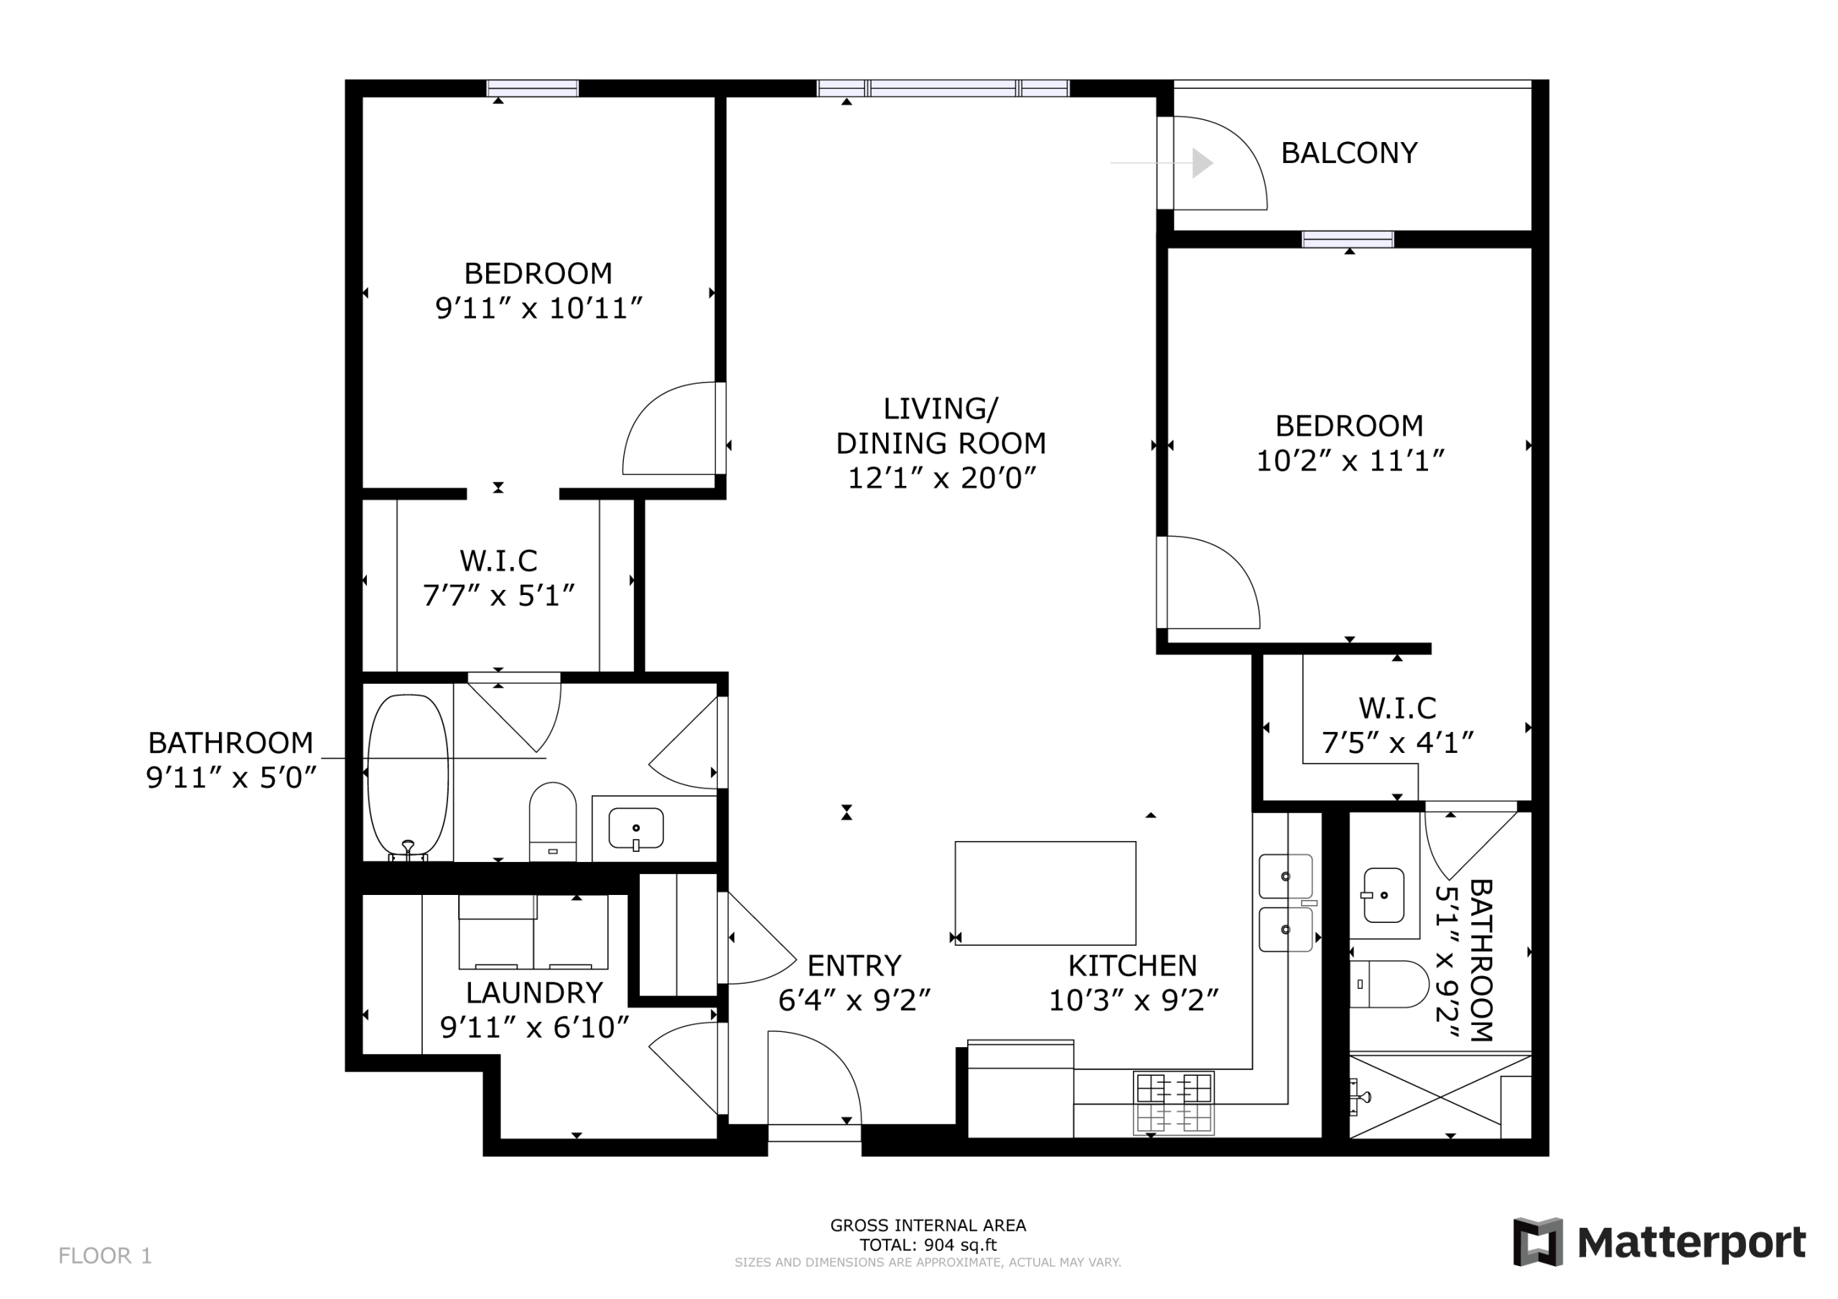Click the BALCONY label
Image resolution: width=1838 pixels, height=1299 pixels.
[x=1349, y=153]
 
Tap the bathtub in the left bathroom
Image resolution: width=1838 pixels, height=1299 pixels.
[x=408, y=777]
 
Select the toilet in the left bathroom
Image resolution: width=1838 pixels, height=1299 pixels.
[x=552, y=821]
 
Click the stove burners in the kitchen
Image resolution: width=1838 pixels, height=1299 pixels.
[x=1174, y=1103]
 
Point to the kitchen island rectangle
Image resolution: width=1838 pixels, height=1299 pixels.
[x=1045, y=894]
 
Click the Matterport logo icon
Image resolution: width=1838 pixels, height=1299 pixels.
[x=1537, y=1242]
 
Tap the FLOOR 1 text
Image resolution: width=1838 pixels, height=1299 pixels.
[x=105, y=1256]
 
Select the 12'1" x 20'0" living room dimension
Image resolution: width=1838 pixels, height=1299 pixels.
[x=941, y=478]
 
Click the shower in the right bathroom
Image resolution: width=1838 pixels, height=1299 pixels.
[x=1440, y=1096]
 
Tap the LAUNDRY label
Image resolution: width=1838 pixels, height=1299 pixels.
[x=534, y=993]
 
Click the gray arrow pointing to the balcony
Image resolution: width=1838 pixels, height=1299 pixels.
[x=1162, y=162]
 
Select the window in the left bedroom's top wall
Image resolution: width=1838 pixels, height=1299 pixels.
[x=532, y=88]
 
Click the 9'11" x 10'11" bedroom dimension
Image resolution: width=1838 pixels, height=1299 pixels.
[x=538, y=308]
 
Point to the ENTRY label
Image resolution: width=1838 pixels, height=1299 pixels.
[x=854, y=966]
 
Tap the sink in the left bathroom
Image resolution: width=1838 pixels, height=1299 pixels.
[x=635, y=828]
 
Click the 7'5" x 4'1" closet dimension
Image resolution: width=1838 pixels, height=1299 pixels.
[x=1397, y=743]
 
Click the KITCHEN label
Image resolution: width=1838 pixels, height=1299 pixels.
[x=1132, y=966]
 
